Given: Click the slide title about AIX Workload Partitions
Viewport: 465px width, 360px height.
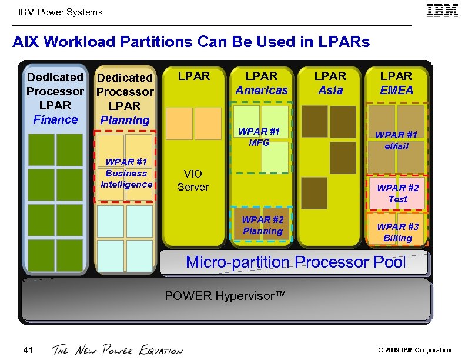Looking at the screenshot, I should (x=191, y=42).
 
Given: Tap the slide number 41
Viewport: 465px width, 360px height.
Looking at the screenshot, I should (x=28, y=351).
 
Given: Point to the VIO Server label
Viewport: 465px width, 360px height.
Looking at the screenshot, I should (x=193, y=180).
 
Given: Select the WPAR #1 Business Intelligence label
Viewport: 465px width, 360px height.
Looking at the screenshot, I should (x=126, y=174).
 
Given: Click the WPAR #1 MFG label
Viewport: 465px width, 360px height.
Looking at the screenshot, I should (x=259, y=136).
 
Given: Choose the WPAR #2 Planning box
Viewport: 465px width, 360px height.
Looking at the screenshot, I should (x=262, y=224).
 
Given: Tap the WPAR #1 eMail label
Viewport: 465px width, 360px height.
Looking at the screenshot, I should (x=397, y=140).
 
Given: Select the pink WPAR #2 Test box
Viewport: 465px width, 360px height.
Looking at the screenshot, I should (x=397, y=194).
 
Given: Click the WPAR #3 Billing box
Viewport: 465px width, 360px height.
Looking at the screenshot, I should (x=397, y=232).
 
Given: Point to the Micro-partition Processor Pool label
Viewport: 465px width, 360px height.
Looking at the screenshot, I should (x=296, y=262).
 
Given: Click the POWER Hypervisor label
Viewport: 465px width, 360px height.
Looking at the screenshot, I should (x=225, y=295).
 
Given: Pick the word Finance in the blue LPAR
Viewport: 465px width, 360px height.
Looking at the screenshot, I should (x=55, y=119).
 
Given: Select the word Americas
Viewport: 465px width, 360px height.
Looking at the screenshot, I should (x=262, y=90).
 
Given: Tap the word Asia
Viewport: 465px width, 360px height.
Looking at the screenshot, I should (x=330, y=90).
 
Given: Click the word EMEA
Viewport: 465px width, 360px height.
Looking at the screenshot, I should (x=396, y=90).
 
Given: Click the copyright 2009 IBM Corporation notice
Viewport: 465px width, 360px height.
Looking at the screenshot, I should (x=414, y=350).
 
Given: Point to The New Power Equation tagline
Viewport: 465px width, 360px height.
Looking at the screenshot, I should (x=118, y=350).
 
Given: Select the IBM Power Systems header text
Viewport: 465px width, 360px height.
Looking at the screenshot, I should (x=61, y=12).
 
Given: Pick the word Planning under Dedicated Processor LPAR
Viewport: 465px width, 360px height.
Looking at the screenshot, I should (x=125, y=120).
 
